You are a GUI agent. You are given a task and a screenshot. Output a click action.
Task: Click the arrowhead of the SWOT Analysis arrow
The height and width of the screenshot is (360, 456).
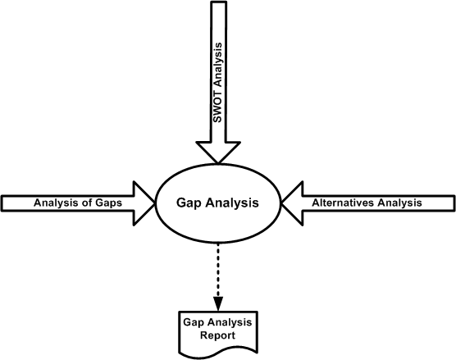tap(218, 152)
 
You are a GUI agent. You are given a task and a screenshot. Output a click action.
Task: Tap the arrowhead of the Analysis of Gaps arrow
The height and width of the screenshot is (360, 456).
tap(144, 203)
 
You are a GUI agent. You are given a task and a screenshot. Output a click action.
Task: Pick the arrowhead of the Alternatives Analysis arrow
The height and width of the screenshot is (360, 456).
tap(292, 203)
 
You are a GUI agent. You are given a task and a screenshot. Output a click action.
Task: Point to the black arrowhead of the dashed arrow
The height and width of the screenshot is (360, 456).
tap(218, 304)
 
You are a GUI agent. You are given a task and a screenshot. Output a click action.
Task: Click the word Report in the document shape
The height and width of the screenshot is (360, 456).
tap(217, 335)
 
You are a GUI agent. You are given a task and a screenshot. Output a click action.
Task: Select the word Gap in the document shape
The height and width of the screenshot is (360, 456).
tap(194, 322)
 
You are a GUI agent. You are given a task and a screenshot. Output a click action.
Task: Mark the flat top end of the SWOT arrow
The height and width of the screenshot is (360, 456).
tap(218, 2)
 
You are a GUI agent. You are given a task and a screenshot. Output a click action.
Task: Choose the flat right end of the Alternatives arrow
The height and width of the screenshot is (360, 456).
tap(454, 203)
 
